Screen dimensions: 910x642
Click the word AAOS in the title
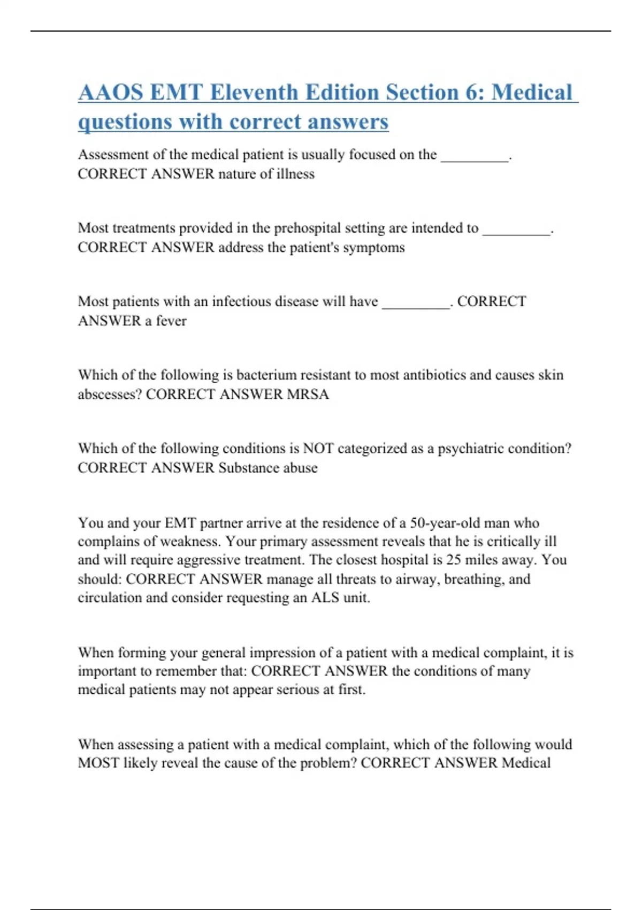[111, 93]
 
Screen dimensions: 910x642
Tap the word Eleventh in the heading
[250, 93]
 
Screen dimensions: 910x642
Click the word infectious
[243, 301]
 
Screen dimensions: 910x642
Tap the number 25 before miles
[454, 560]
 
